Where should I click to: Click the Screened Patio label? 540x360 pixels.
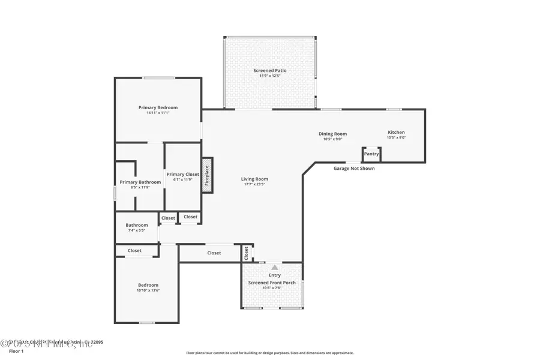coord(269,70)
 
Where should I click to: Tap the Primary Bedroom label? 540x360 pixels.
coord(158,107)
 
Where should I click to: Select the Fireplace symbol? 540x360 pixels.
coord(207,175)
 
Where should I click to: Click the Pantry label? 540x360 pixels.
coord(371,154)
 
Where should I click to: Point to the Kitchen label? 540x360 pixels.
coord(396,132)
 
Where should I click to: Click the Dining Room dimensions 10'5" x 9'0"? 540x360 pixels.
coord(332,139)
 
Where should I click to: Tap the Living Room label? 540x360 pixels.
coord(254,179)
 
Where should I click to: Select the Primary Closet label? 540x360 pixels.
coord(182,174)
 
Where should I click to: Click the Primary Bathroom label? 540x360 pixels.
coord(140,182)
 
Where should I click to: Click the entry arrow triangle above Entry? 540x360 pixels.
coord(275,268)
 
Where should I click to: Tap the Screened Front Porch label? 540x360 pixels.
coord(272,282)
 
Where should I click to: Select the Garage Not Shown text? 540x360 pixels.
coord(354,169)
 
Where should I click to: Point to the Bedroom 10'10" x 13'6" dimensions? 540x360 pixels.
coord(148,290)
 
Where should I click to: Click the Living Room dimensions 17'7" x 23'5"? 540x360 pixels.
coord(254,184)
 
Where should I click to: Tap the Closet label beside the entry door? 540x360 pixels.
coord(246,254)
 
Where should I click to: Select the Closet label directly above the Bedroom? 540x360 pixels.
coord(134,250)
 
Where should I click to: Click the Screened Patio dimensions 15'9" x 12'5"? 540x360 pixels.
coord(269,76)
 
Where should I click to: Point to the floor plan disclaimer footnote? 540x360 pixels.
coord(269,353)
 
